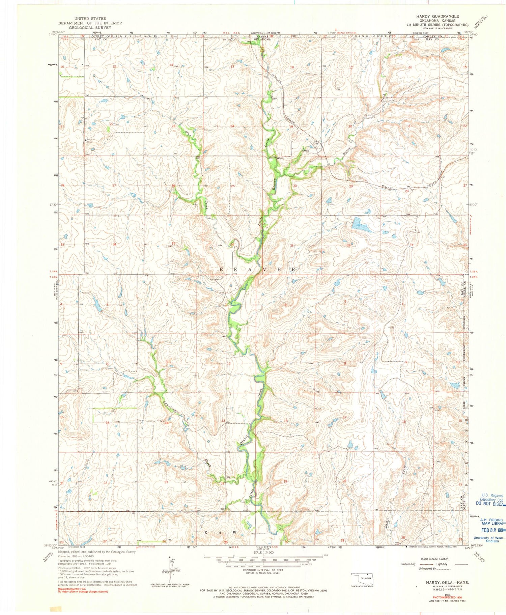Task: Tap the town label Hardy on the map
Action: coord(305,150)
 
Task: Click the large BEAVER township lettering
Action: coord(258,270)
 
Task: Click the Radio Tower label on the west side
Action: coord(89,141)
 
